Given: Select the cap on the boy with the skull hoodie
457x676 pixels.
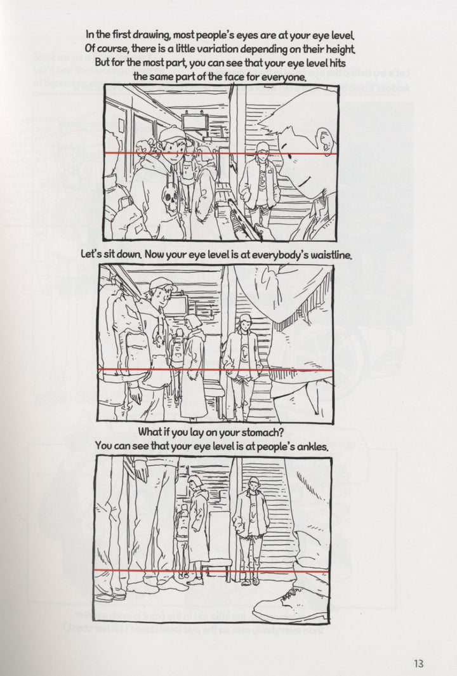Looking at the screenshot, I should (171, 134).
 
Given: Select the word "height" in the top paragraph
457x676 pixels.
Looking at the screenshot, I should (334, 49).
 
